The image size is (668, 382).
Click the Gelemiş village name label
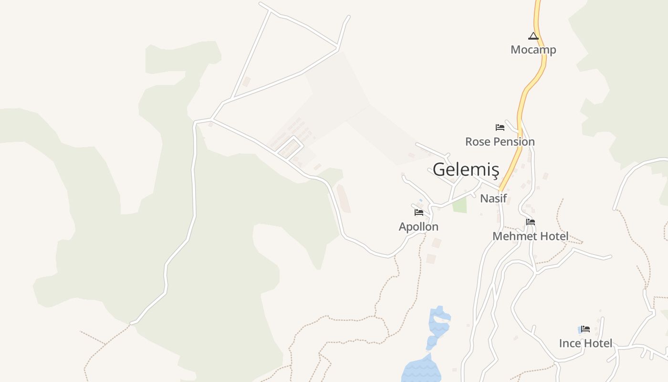pyautogui.click(x=466, y=170)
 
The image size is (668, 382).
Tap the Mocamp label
pyautogui.click(x=533, y=50)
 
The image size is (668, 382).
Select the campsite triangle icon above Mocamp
pyautogui.click(x=533, y=36)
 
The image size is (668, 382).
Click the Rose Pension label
pyautogui.click(x=500, y=142)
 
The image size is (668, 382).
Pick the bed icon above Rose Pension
pyautogui.click(x=500, y=127)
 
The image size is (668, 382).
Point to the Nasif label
pyautogui.click(x=493, y=198)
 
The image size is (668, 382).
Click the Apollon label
pyautogui.click(x=418, y=227)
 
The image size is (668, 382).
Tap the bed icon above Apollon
pyautogui.click(x=419, y=212)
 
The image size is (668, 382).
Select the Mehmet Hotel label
pyautogui.click(x=530, y=236)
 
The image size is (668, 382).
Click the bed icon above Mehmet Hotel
pyautogui.click(x=530, y=222)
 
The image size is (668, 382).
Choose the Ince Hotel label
pyautogui.click(x=585, y=343)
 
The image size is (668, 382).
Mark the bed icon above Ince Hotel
pyautogui.click(x=585, y=329)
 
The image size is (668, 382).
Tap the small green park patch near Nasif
pyautogui.click(x=459, y=205)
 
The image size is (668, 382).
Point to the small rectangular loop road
pyautogui.click(x=290, y=147)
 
